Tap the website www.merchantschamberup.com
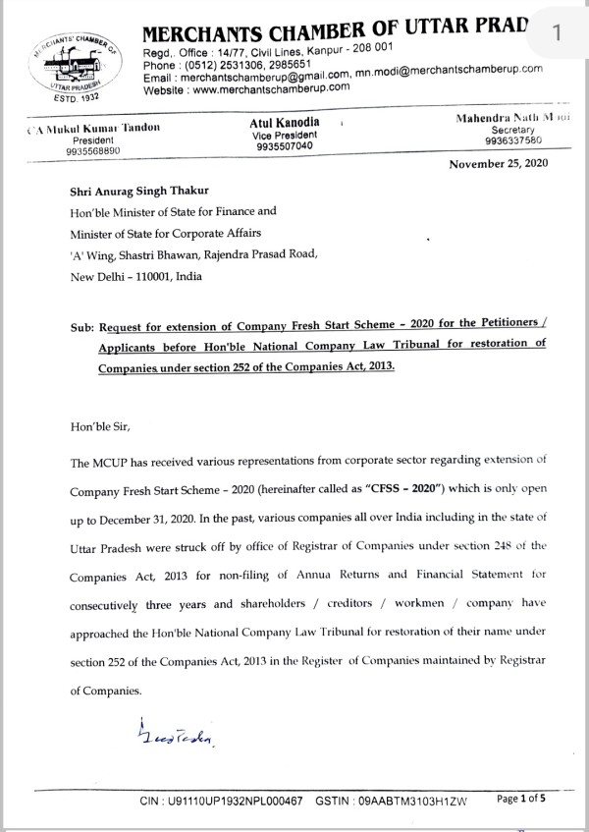[265, 87]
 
